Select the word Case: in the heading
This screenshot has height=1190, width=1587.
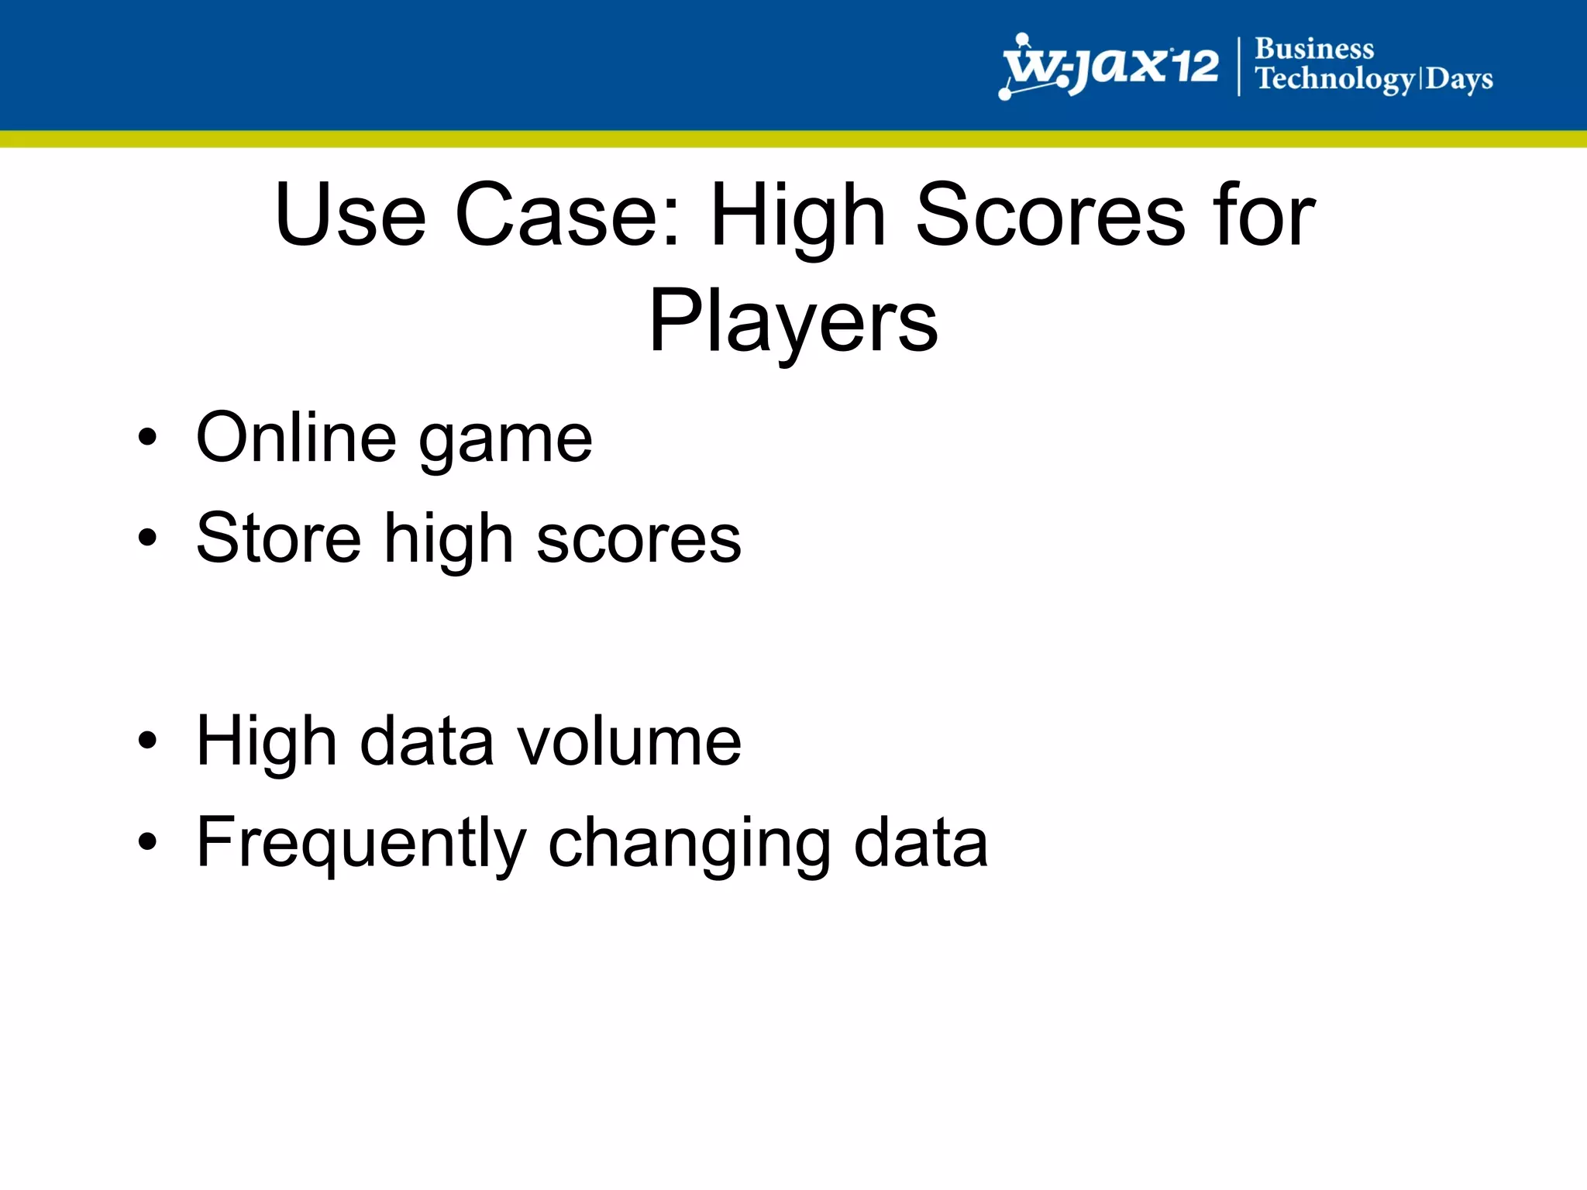[x=567, y=215]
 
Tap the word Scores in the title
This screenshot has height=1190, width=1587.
[x=1049, y=215]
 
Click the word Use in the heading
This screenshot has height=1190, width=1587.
[x=350, y=215]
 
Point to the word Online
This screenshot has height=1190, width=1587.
[x=296, y=438]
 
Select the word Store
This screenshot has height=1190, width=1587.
[x=279, y=538]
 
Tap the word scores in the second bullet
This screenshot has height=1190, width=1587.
[x=639, y=540]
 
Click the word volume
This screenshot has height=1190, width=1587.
[x=629, y=741]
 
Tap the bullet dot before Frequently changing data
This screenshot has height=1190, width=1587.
[x=147, y=842]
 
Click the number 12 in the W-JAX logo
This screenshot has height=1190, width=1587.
[x=1194, y=65]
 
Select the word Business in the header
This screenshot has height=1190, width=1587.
[x=1314, y=49]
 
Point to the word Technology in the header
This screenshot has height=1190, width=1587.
[x=1334, y=80]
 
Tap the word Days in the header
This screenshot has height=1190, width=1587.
[x=1459, y=80]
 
